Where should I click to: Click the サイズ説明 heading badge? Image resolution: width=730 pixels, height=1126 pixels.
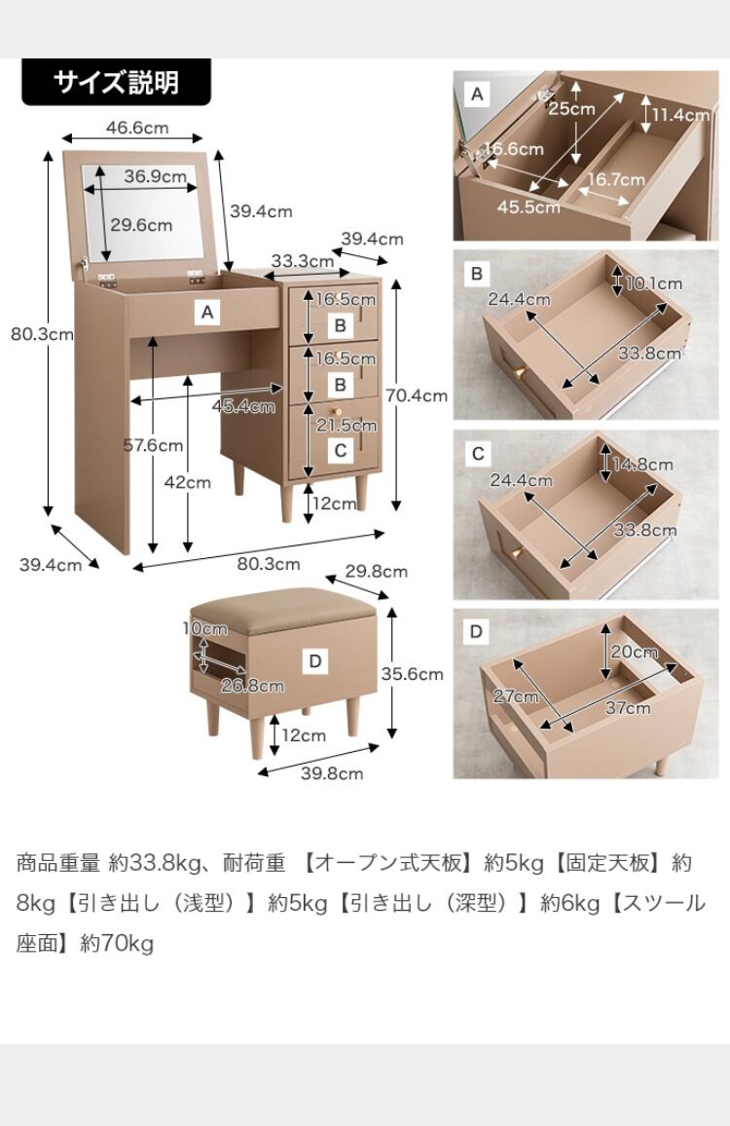click(x=116, y=82)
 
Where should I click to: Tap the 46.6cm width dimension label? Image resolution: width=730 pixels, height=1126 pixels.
click(x=136, y=128)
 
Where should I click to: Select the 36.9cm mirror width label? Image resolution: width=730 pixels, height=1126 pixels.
click(x=155, y=176)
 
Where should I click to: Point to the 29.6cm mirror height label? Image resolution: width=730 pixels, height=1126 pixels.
click(x=141, y=225)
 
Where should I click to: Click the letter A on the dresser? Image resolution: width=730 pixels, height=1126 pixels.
click(x=205, y=313)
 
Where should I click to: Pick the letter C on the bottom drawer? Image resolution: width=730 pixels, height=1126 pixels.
click(x=340, y=450)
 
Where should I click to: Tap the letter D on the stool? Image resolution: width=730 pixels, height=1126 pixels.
click(x=314, y=662)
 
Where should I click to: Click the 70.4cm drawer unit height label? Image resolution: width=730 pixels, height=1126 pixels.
click(x=417, y=395)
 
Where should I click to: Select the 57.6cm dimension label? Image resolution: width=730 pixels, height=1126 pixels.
click(x=153, y=446)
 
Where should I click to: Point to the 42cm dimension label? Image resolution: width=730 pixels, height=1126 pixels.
click(x=187, y=481)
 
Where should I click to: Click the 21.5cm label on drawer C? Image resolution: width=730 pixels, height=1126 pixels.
click(x=346, y=426)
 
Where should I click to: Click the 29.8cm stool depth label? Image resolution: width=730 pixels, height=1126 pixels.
click(x=376, y=572)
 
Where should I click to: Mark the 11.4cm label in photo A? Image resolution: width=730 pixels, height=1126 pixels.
click(x=681, y=115)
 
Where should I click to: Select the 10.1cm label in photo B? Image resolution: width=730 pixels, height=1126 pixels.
click(x=654, y=283)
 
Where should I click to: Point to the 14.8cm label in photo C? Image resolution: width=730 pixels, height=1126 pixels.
click(x=642, y=465)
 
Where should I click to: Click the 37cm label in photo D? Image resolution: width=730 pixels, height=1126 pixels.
click(x=627, y=708)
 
